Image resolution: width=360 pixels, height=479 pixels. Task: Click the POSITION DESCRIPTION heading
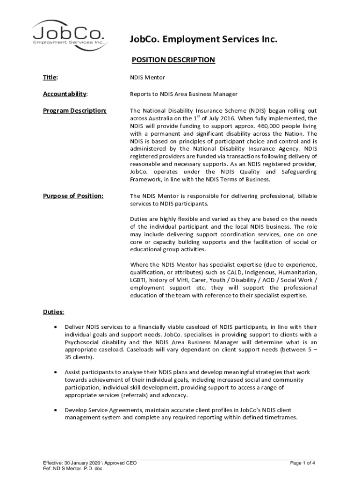(173, 60)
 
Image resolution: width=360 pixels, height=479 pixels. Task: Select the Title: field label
(47, 77)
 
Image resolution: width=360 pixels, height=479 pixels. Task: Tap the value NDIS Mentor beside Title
(147, 77)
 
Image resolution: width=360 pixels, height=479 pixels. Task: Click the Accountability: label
(64, 94)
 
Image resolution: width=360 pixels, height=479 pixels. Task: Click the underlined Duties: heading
(53, 312)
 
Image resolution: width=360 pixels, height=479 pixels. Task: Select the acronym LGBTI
(138, 280)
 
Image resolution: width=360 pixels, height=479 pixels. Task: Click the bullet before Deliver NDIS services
(57, 327)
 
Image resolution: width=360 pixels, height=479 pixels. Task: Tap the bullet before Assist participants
(57, 372)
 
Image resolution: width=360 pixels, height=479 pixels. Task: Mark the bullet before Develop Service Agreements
(57, 410)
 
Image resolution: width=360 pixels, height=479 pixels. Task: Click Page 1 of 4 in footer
(302, 464)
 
